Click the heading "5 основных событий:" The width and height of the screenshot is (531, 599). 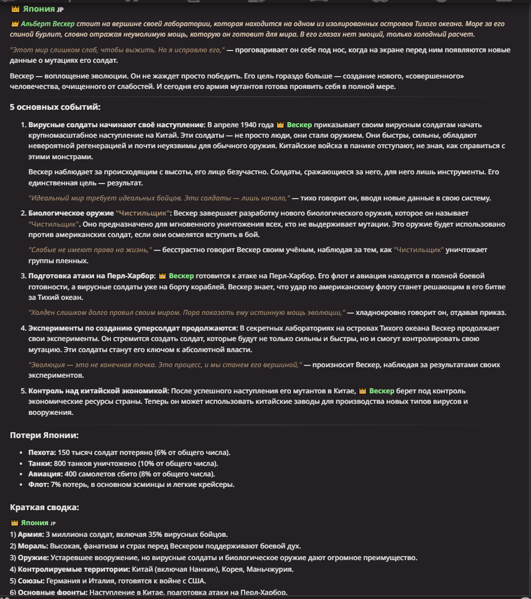tap(55, 107)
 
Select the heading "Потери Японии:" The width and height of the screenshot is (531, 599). tap(44, 435)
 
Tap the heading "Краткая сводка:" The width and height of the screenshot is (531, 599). tap(44, 507)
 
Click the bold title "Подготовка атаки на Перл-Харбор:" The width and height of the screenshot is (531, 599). tap(92, 275)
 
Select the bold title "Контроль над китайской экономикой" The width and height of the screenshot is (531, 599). tap(98, 390)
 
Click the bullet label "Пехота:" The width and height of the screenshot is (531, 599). tap(42, 452)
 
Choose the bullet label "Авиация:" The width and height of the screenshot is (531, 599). tap(44, 474)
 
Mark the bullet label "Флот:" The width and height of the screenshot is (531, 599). tap(38, 484)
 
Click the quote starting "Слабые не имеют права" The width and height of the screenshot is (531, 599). tap(90, 249)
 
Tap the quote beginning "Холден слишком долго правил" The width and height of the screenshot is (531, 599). tap(186, 312)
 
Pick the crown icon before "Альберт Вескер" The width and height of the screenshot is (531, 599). tap(15, 24)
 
